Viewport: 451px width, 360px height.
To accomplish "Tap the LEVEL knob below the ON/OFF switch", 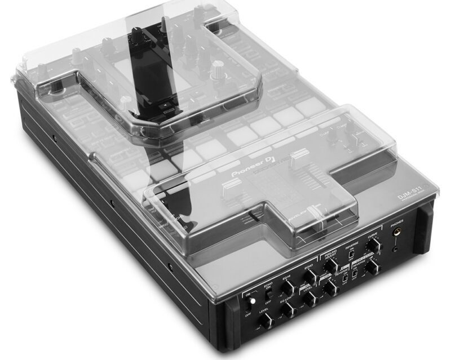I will tap(266, 322).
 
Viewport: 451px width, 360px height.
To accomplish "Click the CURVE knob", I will tap(373, 245).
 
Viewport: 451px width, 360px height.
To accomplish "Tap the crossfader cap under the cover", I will tap(319, 224).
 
